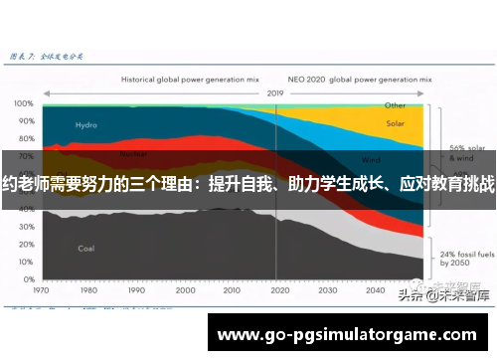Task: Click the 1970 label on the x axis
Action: pos(42,291)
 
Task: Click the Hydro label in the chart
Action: pos(86,125)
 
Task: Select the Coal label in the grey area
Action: pos(86,248)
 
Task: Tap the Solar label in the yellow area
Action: pos(396,124)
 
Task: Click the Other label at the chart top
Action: pos(396,104)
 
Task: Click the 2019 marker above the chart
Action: pos(275,92)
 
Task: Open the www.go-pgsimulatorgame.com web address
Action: pos(347,334)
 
